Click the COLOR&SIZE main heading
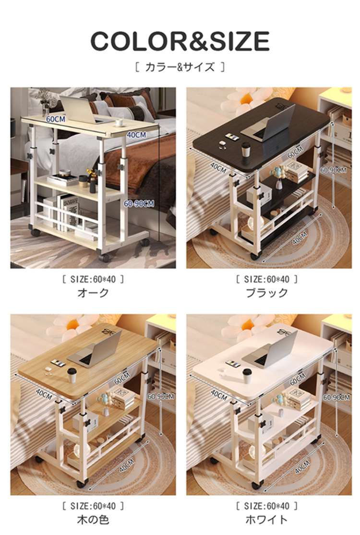pyautogui.click(x=180, y=41)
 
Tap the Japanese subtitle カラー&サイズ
pyautogui.click(x=180, y=67)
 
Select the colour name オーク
pyautogui.click(x=93, y=293)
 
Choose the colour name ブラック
pyautogui.click(x=267, y=293)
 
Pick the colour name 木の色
pyautogui.click(x=93, y=520)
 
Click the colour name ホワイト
pyautogui.click(x=267, y=520)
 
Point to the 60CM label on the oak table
pyautogui.click(x=56, y=119)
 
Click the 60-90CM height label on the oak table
pyautogui.click(x=139, y=204)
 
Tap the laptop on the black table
pyautogui.click(x=269, y=123)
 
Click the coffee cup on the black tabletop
pyautogui.click(x=246, y=150)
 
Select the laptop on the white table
pyautogui.click(x=270, y=351)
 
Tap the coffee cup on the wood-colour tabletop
pyautogui.click(x=72, y=375)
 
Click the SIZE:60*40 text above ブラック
pyautogui.click(x=267, y=279)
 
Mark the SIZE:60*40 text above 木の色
pyautogui.click(x=93, y=506)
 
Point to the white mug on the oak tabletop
pyautogui.click(x=120, y=122)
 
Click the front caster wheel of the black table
pyautogui.click(x=254, y=256)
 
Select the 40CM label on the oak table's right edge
pyautogui.click(x=136, y=135)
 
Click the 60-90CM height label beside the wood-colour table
pyautogui.click(x=161, y=396)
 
